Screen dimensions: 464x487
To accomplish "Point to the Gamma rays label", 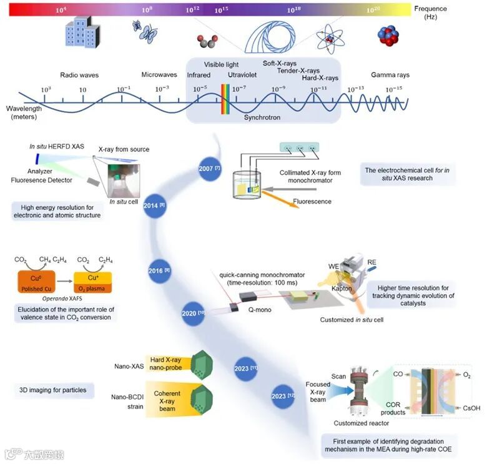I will pos(390,75).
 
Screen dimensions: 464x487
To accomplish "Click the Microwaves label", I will pos(159,75).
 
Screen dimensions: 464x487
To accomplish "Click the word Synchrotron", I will pos(262,117).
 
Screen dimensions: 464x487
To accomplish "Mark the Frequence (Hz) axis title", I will pos(430,12).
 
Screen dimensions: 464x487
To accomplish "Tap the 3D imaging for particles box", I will pos(53,391).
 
